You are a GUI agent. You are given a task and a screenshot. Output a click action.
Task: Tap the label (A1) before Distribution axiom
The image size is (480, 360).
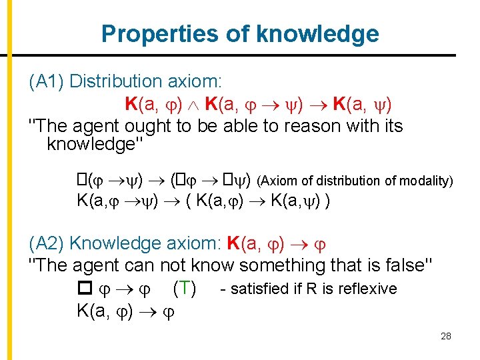click(47, 81)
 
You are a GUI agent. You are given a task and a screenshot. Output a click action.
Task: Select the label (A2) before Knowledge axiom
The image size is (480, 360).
click(47, 244)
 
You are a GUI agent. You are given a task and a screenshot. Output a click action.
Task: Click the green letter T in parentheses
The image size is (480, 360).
click(183, 289)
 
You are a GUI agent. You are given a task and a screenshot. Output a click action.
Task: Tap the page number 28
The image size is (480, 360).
click(446, 336)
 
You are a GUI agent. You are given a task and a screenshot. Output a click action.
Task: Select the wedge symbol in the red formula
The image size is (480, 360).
click(194, 105)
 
